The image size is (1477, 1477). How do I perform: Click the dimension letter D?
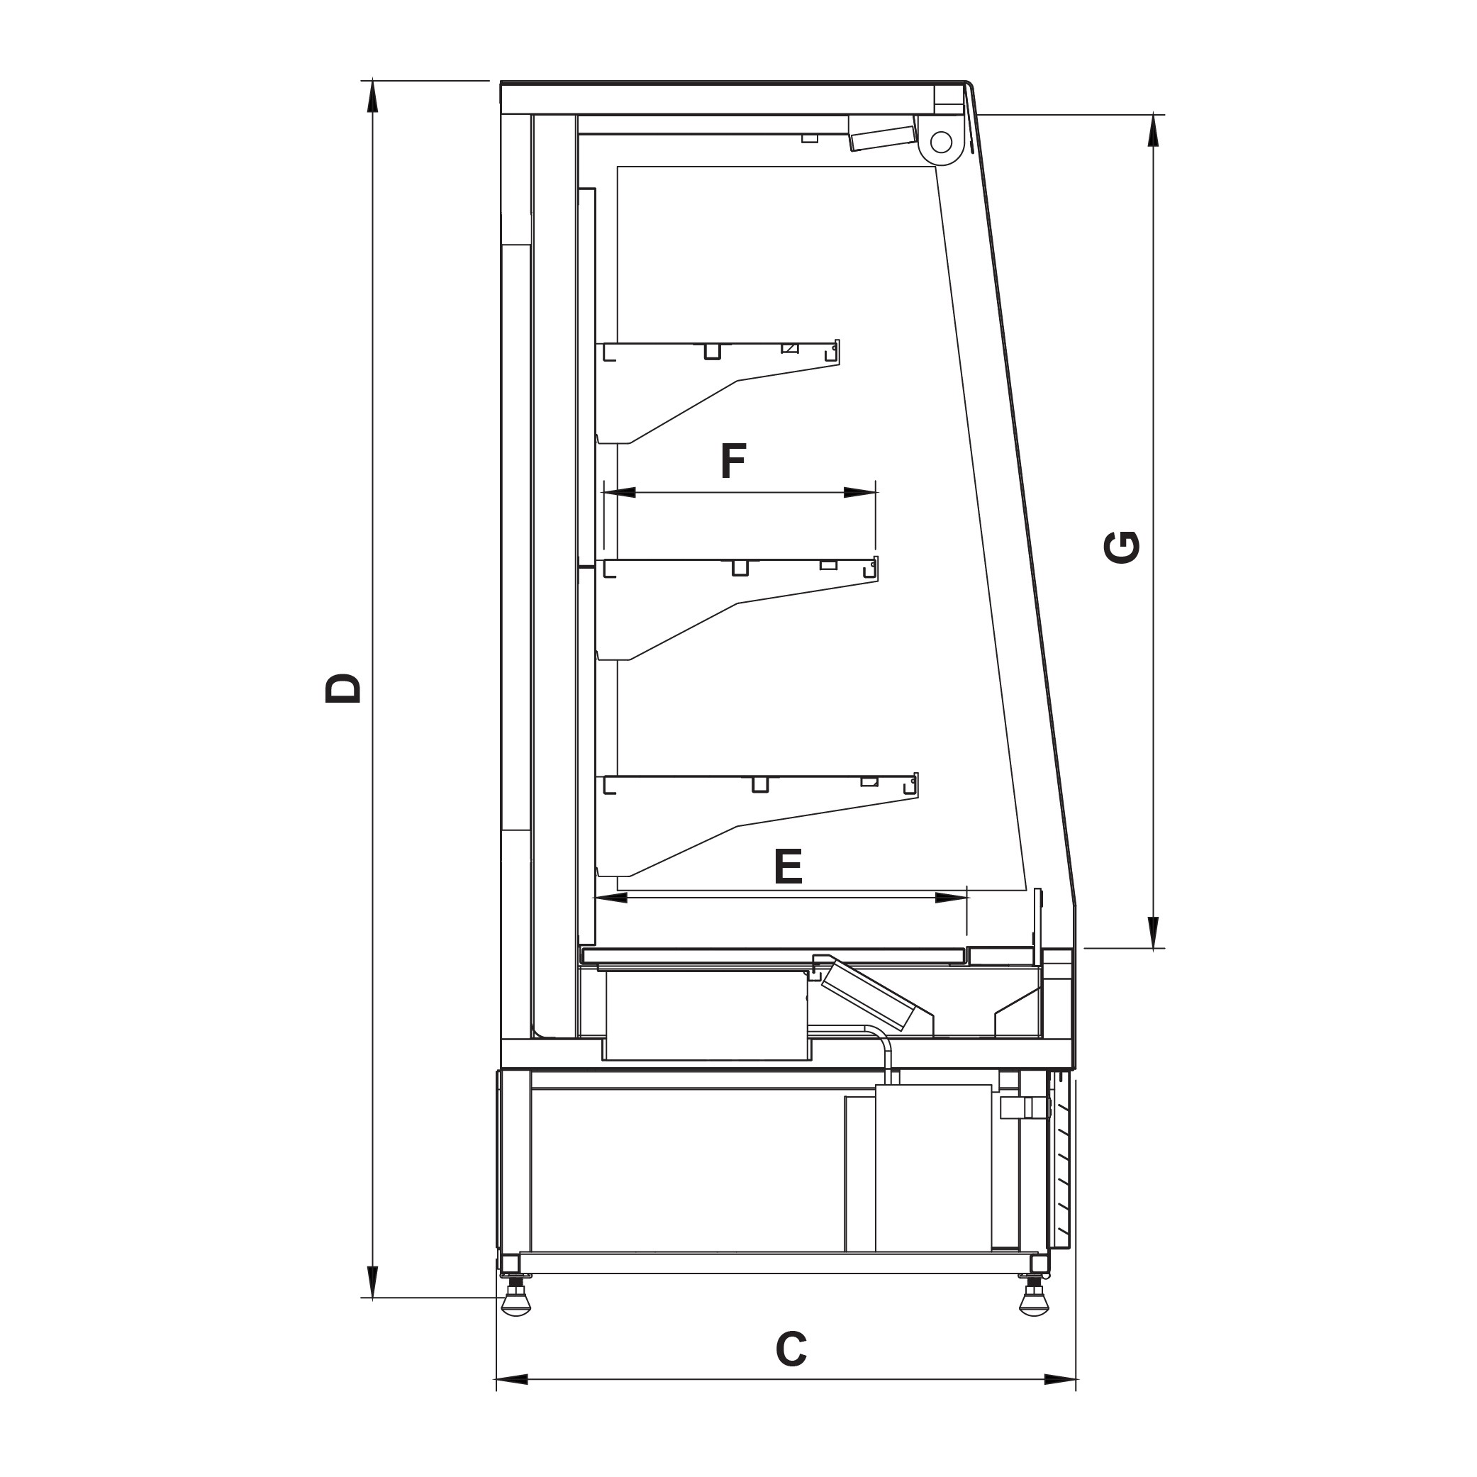342,688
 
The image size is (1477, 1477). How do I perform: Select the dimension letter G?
1123,547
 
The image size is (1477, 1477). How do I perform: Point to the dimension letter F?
733,461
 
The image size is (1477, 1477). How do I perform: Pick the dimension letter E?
788,866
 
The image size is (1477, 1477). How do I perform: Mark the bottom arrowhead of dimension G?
1154,932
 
